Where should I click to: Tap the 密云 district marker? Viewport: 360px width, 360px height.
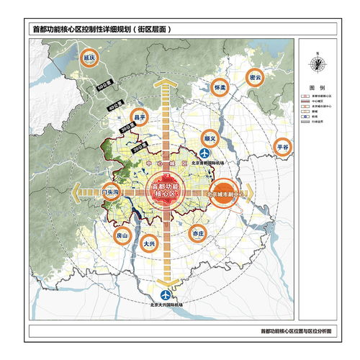click(x=254, y=77)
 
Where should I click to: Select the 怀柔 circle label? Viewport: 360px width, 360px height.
click(x=220, y=87)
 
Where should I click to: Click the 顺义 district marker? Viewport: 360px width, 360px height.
click(x=210, y=135)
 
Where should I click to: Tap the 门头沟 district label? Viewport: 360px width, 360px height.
click(x=112, y=193)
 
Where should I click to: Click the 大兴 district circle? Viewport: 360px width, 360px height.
click(x=150, y=244)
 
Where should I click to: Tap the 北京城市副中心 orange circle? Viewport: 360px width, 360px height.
click(x=227, y=192)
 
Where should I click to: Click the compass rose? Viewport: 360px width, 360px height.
click(x=318, y=63)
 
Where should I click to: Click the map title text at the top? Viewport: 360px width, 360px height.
click(x=104, y=30)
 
